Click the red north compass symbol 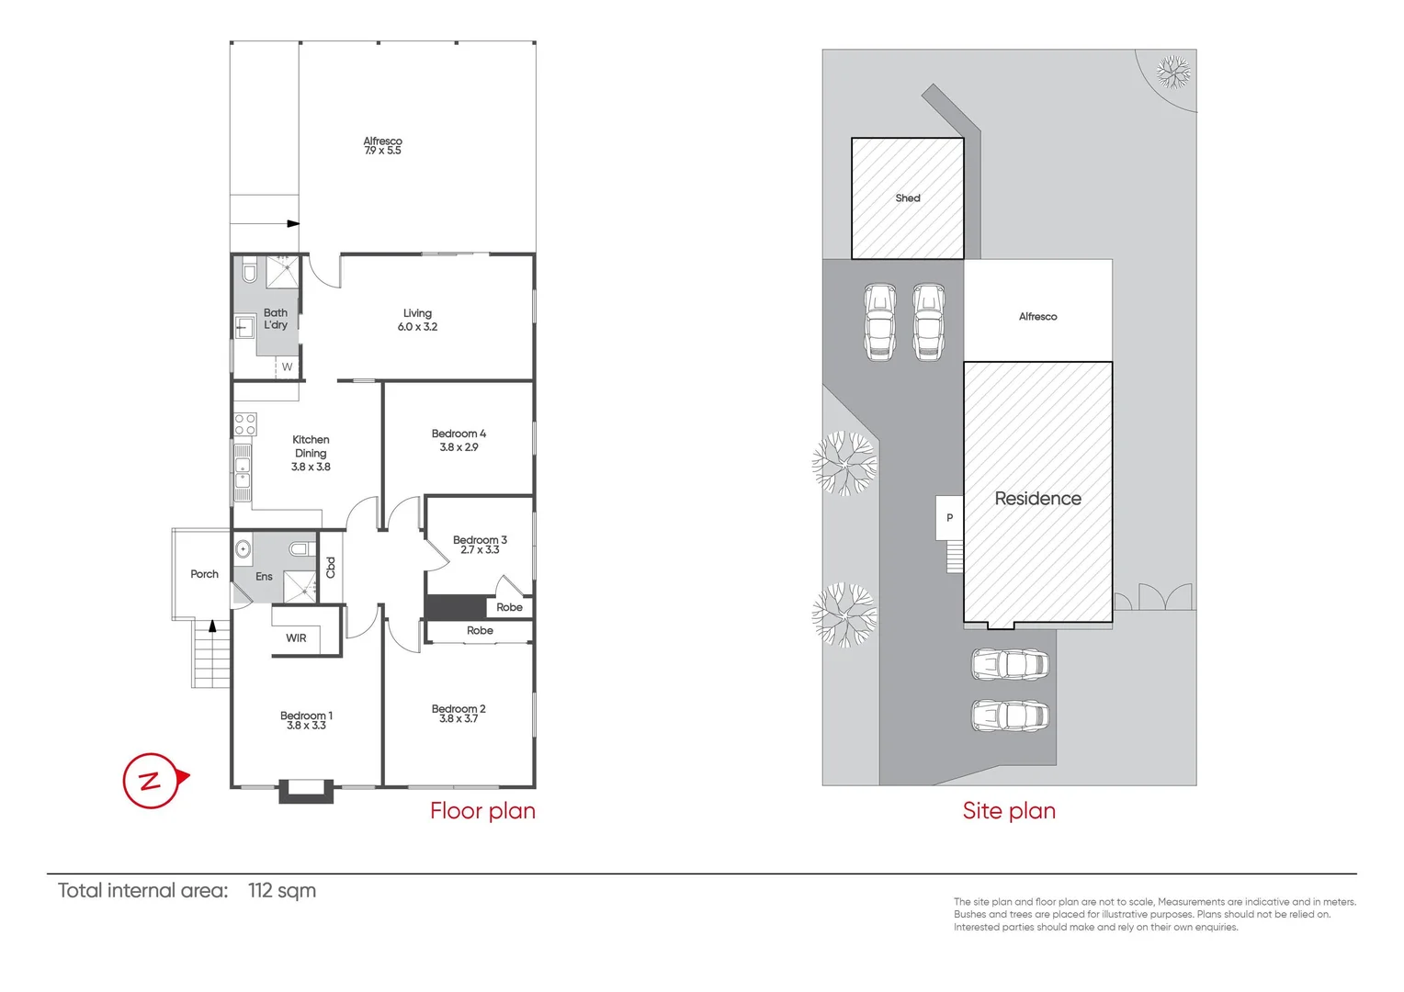[152, 781]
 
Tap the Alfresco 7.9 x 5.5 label [382, 146]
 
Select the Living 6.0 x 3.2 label [417, 320]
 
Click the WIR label [296, 638]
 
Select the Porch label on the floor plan [204, 574]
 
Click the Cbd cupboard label [331, 568]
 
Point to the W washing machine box [287, 366]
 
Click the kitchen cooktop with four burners [245, 424]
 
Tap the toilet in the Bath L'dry [249, 273]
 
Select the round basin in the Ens [243, 549]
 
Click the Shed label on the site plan [907, 198]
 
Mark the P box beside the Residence [949, 518]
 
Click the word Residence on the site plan [1037, 499]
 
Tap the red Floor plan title [482, 811]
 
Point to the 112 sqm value [282, 891]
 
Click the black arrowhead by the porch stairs [212, 626]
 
